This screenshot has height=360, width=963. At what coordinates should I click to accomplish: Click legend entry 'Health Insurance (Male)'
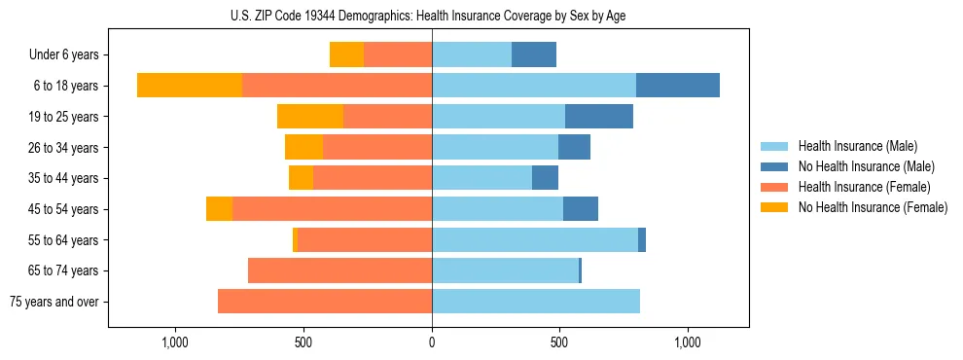pyautogui.click(x=857, y=146)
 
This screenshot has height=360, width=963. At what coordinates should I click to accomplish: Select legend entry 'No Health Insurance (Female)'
pyautogui.click(x=873, y=207)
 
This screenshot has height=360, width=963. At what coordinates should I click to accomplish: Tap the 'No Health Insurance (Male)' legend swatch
pyautogui.click(x=774, y=166)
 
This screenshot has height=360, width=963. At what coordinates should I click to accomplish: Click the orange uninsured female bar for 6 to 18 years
pyautogui.click(x=190, y=86)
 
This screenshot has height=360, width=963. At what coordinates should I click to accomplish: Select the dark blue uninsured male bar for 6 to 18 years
pyautogui.click(x=678, y=86)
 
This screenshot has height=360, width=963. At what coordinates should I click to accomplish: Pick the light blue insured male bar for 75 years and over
pyautogui.click(x=536, y=302)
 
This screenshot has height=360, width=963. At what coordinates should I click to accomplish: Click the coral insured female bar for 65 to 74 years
pyautogui.click(x=339, y=270)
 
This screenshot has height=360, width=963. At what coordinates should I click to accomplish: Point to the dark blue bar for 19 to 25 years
pyautogui.click(x=599, y=117)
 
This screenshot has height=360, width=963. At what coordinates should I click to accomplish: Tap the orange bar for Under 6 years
pyautogui.click(x=346, y=54)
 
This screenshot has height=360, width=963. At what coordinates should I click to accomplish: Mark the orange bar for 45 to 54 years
pyautogui.click(x=219, y=209)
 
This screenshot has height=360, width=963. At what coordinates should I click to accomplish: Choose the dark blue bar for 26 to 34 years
pyautogui.click(x=574, y=147)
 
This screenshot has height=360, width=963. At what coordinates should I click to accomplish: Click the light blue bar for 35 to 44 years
pyautogui.click(x=481, y=178)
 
